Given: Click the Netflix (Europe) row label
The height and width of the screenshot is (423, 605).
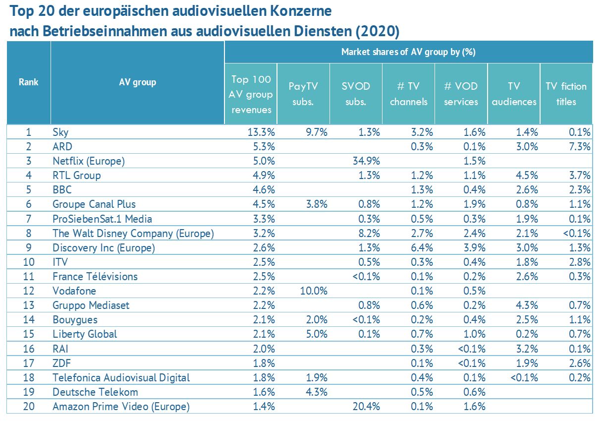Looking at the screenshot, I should (x=88, y=161).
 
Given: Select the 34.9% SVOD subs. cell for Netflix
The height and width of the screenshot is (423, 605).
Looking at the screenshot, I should (x=367, y=161).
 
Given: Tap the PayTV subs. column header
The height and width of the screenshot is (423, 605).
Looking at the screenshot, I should (x=303, y=94).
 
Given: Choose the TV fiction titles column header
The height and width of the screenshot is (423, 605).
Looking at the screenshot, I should (x=566, y=94).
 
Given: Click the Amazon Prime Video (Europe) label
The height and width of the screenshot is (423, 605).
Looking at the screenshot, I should (x=121, y=407).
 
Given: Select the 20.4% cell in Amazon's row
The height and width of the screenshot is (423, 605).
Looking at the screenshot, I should (x=367, y=407).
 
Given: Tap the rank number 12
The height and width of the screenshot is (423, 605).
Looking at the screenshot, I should (x=28, y=291).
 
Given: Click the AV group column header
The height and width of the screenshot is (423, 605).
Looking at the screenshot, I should (x=137, y=82).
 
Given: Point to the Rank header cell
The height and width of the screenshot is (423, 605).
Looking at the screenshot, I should (x=28, y=82).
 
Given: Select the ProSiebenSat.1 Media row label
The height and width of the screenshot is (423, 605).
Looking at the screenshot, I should (x=102, y=219).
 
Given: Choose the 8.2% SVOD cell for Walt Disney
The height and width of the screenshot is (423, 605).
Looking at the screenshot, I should (x=369, y=233).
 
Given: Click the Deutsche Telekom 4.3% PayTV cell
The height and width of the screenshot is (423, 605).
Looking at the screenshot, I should (x=315, y=392).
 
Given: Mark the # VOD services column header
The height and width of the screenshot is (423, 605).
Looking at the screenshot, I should (x=461, y=94).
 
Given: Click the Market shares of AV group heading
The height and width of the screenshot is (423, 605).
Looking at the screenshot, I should (x=408, y=52).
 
